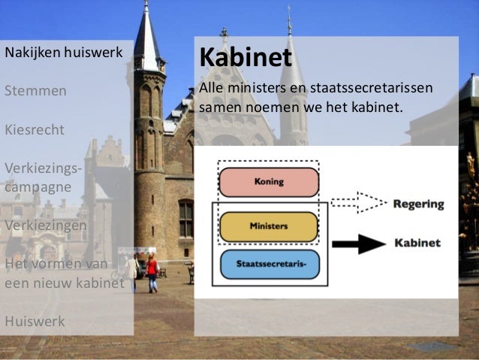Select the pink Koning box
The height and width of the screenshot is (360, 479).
[x=269, y=183]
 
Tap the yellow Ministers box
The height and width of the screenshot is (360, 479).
[x=269, y=226]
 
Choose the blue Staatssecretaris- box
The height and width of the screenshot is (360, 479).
[x=269, y=265]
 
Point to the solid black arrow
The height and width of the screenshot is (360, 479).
[x=357, y=244]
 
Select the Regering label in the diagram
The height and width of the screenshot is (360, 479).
[x=418, y=204]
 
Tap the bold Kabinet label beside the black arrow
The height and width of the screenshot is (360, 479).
[x=417, y=244]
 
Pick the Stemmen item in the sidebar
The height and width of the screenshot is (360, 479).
[x=35, y=91]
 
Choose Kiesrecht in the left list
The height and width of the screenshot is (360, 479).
[x=35, y=129]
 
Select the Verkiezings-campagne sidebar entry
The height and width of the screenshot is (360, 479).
[x=42, y=177]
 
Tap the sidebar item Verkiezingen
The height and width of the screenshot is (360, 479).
[x=46, y=225]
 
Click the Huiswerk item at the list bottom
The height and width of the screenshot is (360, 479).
[x=35, y=321]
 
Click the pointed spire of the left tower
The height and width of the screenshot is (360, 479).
[x=146, y=30]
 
